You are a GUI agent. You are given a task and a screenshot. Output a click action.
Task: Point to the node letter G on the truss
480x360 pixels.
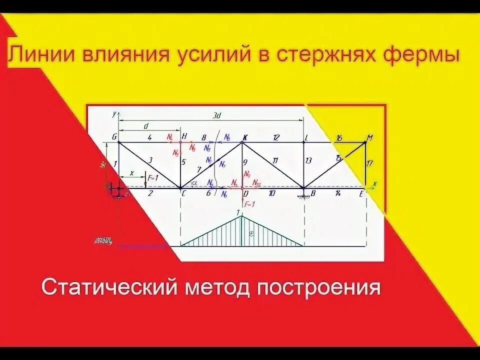tap(114, 136)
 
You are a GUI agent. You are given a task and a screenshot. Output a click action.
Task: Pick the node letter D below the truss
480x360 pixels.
tap(245, 193)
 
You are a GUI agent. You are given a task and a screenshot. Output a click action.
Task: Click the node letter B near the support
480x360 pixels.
tap(312, 193)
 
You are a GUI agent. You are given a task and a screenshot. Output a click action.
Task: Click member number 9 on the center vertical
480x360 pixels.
tap(245, 161)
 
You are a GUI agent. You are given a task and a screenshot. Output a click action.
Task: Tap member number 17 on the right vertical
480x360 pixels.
tap(369, 162)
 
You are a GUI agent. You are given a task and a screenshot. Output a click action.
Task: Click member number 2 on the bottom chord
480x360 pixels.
tap(149, 193)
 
